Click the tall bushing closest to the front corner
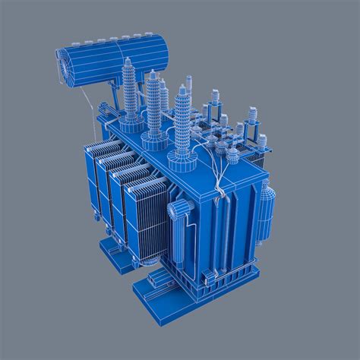pos(182,122)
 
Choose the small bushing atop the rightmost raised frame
pos(262,141)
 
